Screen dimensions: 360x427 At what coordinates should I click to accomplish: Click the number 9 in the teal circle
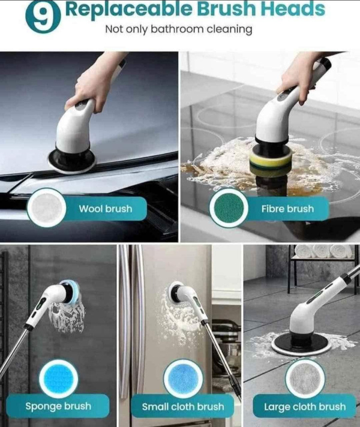click(43, 17)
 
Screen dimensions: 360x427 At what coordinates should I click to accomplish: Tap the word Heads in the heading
click(293, 8)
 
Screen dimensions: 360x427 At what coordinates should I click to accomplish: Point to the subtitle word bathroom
click(177, 29)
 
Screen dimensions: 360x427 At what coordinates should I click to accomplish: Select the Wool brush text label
click(106, 209)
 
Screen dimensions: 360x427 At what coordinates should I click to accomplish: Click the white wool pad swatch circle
click(47, 208)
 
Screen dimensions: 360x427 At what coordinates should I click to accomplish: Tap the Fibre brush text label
click(287, 209)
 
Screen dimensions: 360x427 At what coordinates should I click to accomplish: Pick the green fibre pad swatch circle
click(229, 208)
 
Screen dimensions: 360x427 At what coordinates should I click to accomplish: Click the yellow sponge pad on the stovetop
click(271, 159)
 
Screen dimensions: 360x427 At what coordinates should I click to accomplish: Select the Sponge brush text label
click(58, 406)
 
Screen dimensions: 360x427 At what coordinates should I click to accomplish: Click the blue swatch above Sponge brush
click(59, 379)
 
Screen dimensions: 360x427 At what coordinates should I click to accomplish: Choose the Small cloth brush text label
click(183, 407)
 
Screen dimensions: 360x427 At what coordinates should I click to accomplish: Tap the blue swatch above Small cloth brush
click(183, 379)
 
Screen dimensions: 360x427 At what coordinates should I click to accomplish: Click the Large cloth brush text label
click(305, 407)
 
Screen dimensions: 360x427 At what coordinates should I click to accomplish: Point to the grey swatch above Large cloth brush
click(305, 379)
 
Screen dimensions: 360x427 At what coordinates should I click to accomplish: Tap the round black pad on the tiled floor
click(301, 344)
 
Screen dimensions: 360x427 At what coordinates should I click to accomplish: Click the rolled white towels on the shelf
click(323, 251)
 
